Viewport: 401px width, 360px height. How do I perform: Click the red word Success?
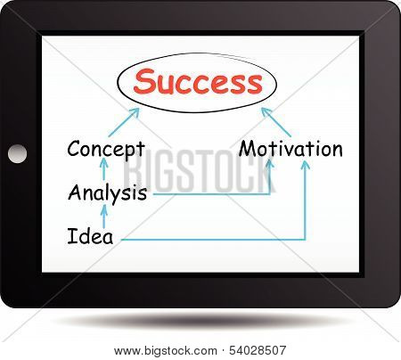198,81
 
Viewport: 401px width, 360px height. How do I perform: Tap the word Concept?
106,150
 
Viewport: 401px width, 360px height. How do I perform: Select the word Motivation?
291,148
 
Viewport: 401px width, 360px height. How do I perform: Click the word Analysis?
107,193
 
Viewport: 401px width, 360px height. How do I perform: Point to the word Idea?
90,236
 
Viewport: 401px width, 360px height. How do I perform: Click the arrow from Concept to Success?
124,122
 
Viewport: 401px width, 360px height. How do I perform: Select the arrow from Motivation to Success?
276,122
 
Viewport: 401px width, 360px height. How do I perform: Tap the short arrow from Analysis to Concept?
103,169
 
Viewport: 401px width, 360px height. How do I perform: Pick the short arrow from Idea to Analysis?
103,217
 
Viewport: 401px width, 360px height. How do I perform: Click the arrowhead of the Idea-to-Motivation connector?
305,165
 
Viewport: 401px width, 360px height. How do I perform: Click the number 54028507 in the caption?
258,350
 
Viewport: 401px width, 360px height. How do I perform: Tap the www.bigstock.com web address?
166,351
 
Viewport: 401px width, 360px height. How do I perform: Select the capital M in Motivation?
249,149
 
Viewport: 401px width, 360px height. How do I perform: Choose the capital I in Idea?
71,236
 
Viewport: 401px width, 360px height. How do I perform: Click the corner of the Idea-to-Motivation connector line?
305,240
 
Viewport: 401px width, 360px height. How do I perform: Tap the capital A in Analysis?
76,192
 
